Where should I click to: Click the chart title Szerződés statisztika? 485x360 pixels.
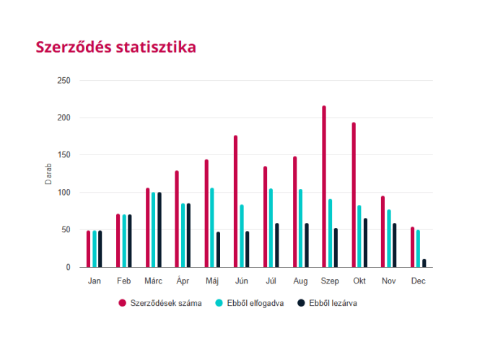click(x=115, y=46)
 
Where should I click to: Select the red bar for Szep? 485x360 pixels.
click(x=324, y=187)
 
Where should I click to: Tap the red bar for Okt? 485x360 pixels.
click(x=354, y=195)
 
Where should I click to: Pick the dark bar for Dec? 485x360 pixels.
click(x=424, y=263)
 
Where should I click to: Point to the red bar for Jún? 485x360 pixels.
click(x=235, y=201)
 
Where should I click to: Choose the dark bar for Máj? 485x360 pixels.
click(x=218, y=250)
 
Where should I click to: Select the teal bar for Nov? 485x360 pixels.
click(x=389, y=238)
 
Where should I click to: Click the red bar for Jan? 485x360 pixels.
click(x=88, y=249)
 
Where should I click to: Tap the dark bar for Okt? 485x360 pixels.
click(x=365, y=242)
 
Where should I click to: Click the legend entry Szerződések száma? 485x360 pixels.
click(x=160, y=303)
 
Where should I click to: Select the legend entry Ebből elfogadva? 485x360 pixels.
click(x=250, y=303)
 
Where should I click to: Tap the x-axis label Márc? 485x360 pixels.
click(x=153, y=281)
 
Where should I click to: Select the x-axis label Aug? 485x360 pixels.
click(x=300, y=281)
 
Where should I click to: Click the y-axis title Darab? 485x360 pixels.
click(x=49, y=174)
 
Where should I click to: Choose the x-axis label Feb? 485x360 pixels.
click(x=123, y=281)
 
